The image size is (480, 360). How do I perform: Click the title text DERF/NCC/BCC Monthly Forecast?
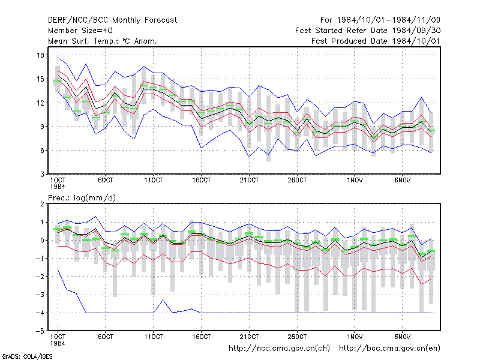click(x=112, y=20)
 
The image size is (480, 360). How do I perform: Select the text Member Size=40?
click(x=80, y=31)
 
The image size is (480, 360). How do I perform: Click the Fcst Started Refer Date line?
click(x=368, y=31)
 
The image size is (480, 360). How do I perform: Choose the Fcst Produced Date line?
click(x=376, y=41)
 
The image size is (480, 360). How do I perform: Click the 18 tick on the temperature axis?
click(x=40, y=55)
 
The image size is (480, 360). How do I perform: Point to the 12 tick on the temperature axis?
click(x=40, y=103)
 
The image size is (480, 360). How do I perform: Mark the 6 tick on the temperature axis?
click(x=42, y=151)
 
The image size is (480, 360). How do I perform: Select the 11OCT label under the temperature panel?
click(x=154, y=181)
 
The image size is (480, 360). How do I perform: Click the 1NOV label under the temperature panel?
click(x=355, y=181)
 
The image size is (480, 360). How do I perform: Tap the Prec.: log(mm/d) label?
click(x=82, y=198)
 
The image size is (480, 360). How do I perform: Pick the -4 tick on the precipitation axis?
click(x=40, y=313)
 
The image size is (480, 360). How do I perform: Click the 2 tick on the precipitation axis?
click(x=42, y=204)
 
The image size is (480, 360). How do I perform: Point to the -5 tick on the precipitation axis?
click(x=40, y=331)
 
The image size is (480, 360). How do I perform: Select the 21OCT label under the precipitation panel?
click(x=249, y=337)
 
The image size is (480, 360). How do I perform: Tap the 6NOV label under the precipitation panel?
click(x=402, y=337)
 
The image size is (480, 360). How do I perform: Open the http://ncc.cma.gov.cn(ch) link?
click(x=279, y=349)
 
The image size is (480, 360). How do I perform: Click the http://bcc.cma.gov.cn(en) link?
click(x=389, y=349)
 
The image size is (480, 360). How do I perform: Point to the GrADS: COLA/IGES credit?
click(x=27, y=356)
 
